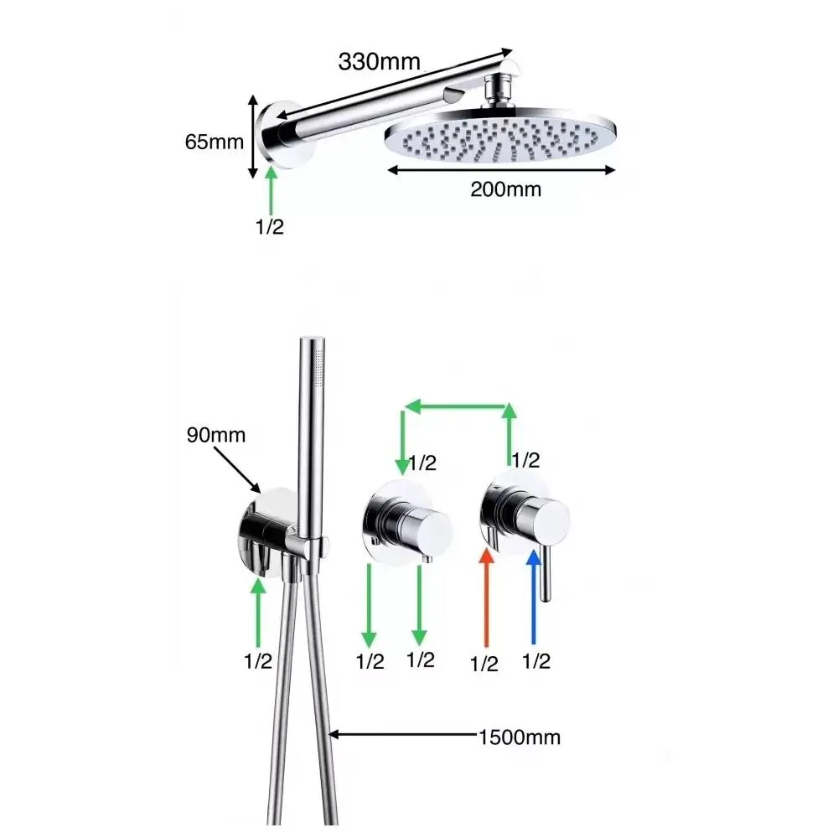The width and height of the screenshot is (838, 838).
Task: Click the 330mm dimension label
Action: (x=379, y=60)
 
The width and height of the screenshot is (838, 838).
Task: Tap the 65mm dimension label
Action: (x=215, y=141)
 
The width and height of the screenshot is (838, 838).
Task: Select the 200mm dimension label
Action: (x=505, y=189)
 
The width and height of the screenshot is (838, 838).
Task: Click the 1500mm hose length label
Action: (x=519, y=737)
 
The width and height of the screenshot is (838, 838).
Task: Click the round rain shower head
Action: (x=501, y=134)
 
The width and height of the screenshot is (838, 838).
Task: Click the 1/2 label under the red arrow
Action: (x=484, y=665)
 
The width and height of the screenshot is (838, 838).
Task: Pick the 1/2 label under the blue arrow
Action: (x=535, y=662)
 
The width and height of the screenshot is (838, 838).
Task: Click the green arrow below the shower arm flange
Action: (x=271, y=190)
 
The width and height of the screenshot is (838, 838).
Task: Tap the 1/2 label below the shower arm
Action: (x=270, y=227)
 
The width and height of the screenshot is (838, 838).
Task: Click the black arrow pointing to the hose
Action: (x=402, y=737)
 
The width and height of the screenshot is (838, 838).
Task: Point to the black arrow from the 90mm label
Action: (x=238, y=468)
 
